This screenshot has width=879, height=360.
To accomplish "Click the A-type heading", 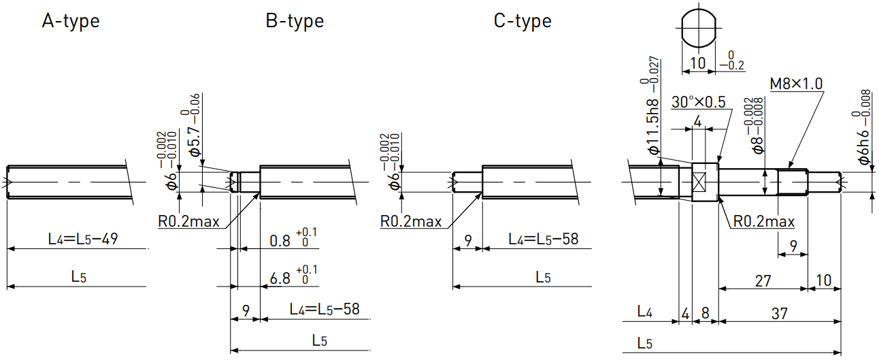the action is [x=71, y=21].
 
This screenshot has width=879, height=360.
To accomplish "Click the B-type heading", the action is [x=295, y=21].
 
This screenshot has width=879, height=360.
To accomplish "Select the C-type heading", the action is [x=523, y=21].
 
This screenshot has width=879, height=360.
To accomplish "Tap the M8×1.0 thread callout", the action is [x=796, y=84].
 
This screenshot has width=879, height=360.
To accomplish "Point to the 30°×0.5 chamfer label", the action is [x=699, y=102].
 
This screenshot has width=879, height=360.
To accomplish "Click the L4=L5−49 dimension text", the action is [x=83, y=239].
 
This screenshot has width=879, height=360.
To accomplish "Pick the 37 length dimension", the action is [x=779, y=314].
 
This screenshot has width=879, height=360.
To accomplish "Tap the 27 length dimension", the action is [x=763, y=281].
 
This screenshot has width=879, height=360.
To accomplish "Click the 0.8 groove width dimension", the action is [x=280, y=241].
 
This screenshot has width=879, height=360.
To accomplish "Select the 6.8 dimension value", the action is [x=280, y=279].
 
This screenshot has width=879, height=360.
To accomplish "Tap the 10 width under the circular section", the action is [x=697, y=63].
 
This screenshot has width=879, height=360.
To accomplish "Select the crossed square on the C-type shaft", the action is [x=699, y=182].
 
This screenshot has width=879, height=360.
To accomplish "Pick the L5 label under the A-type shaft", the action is [x=78, y=277].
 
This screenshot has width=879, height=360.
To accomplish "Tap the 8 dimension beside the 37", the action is [x=705, y=313].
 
